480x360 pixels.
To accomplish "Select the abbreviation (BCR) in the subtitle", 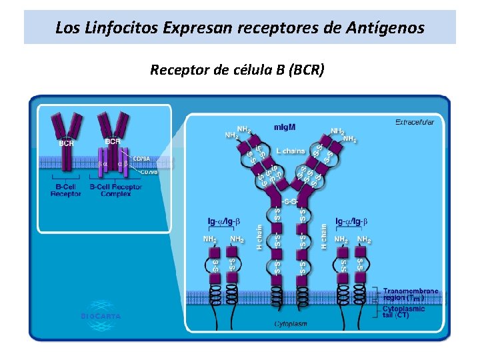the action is click(x=304, y=69).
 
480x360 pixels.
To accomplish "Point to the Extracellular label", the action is click(x=414, y=122).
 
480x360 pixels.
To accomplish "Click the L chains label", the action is click(x=290, y=151).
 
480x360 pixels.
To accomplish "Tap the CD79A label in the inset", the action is click(x=141, y=159).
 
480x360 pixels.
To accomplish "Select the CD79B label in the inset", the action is click(x=149, y=171).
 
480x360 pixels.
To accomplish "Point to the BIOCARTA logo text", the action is click(x=101, y=316).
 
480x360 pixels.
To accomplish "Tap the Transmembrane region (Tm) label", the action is click(x=411, y=295).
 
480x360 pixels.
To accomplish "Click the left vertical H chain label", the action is click(x=259, y=236).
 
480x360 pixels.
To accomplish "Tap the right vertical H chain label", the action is click(x=324, y=236).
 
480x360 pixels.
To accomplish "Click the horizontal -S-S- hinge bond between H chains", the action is click(x=290, y=201).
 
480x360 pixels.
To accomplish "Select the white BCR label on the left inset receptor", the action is click(x=66, y=143).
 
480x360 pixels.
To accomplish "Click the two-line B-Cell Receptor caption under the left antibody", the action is click(x=65, y=190).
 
